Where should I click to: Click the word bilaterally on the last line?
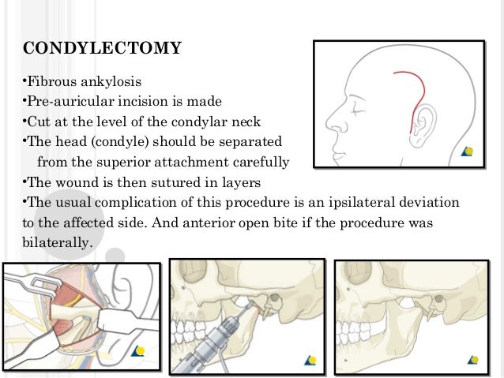(x=54, y=243)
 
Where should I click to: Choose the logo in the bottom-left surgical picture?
(x=140, y=352)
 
